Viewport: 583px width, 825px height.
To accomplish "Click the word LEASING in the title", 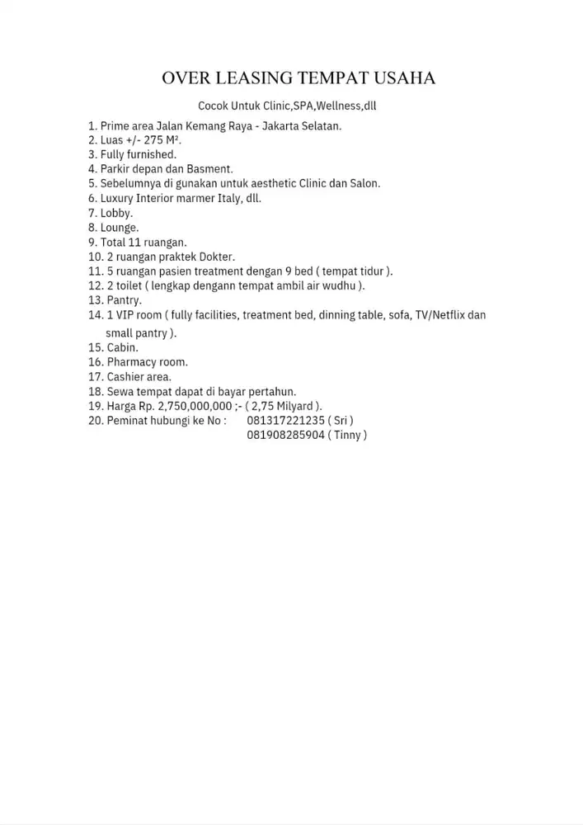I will coord(252,78).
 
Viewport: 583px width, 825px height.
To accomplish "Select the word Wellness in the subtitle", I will coord(338,106).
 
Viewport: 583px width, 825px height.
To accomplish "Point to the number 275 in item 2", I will coord(154,140).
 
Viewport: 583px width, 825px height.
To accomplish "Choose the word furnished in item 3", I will coord(151,154).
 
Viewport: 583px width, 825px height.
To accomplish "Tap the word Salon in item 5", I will coord(364,183).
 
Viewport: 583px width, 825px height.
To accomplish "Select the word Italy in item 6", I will coord(224,198).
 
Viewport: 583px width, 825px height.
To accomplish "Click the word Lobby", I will coord(115,213).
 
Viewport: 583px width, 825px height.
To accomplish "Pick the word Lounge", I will coord(119,228).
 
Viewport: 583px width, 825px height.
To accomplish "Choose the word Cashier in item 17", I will coord(127,377).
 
